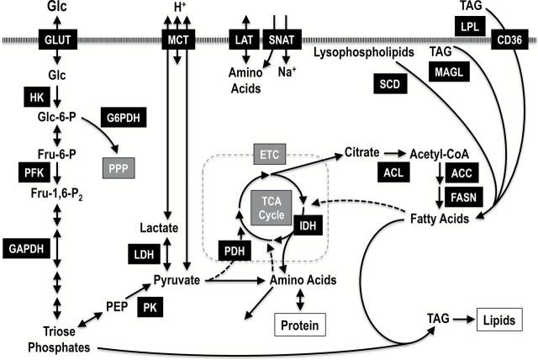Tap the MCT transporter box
tap(178, 39)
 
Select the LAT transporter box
tap(243, 39)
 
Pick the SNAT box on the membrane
tap(281, 39)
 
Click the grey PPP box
tap(119, 168)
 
